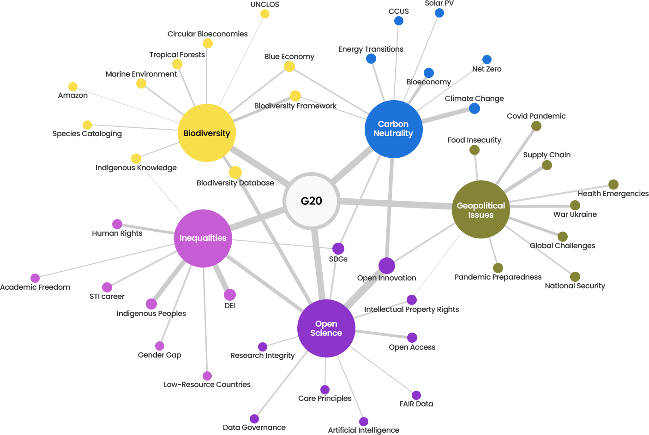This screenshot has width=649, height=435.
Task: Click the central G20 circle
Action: (312, 201)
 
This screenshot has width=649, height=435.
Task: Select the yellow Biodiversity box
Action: (206, 133)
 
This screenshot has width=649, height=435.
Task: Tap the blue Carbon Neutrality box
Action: (393, 129)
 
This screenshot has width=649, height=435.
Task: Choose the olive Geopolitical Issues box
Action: (481, 209)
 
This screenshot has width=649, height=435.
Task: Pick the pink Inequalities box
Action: (203, 238)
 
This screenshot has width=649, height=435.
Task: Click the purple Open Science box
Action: (326, 328)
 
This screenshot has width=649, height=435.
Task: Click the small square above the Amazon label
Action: (72, 86)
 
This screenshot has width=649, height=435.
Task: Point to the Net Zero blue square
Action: (487, 59)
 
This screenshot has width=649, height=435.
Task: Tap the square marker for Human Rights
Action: (117, 224)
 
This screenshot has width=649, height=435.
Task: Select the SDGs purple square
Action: (338, 248)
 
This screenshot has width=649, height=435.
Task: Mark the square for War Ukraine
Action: (575, 205)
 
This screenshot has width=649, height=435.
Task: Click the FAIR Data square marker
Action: (416, 395)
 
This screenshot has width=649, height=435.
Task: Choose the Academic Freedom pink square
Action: (35, 278)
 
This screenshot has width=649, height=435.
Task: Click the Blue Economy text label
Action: (289, 57)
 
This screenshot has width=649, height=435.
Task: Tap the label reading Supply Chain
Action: (547, 155)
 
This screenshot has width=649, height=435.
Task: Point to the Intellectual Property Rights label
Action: (411, 310)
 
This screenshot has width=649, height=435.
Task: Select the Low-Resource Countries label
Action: (207, 385)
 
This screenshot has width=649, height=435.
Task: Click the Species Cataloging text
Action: (87, 134)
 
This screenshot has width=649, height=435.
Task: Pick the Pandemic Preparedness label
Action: (498, 277)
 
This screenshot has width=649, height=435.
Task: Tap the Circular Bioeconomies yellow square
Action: (207, 43)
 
